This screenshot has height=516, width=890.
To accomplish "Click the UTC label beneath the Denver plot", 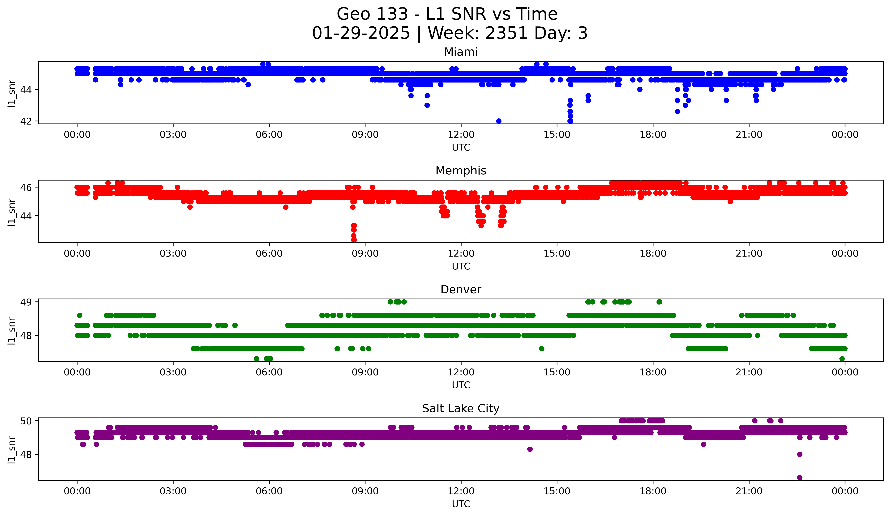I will pyautogui.click(x=461, y=385).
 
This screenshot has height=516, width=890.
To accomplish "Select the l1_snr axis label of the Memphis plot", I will pyautogui.click(x=12, y=212).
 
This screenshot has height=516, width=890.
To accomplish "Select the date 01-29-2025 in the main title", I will pyautogui.click(x=361, y=33).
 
